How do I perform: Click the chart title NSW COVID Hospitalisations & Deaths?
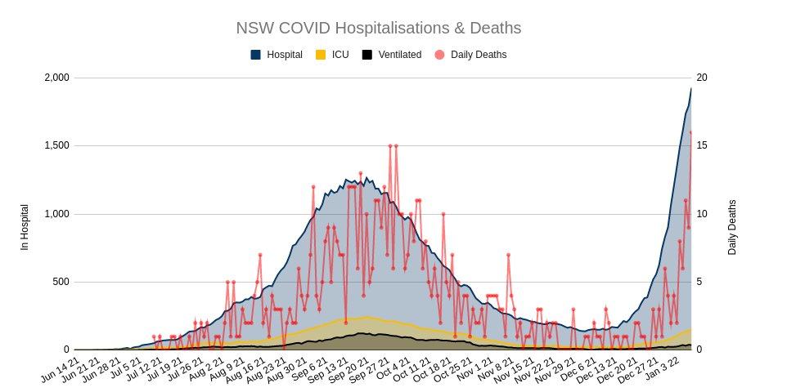[378, 28]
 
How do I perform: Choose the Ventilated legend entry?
[399, 55]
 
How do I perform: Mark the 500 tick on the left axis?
[61, 282]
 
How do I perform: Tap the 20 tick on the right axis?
[701, 78]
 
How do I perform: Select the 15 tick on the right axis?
[701, 145]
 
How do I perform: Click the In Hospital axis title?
[25, 227]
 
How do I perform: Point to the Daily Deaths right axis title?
[732, 227]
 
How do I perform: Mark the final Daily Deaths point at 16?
[691, 132]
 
